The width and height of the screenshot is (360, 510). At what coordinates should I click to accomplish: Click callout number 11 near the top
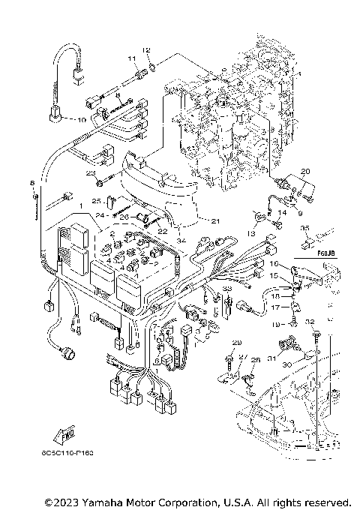point(130,58)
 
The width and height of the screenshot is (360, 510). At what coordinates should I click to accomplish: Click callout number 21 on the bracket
point(214,220)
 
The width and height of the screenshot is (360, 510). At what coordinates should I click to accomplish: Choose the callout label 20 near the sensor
point(304,172)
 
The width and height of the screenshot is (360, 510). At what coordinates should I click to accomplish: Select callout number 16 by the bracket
point(274,265)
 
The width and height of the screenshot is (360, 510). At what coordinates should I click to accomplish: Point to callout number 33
point(226,289)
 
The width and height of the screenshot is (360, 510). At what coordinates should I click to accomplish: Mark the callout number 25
point(96,201)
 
